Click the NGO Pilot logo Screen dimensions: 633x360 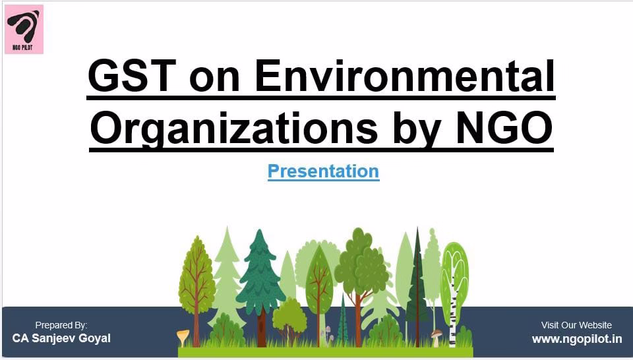24,29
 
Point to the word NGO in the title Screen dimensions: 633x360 504,129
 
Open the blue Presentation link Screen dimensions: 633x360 323,171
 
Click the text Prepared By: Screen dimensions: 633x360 61,325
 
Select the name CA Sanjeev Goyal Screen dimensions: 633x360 61,338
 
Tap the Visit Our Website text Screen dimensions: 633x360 576,325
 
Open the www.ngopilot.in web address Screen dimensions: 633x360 577,339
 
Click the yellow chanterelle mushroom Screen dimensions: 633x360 183,336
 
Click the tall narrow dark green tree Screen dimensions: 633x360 417,282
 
